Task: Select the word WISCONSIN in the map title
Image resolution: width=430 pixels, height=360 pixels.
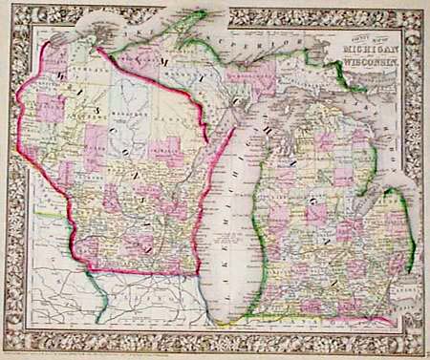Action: (367, 61)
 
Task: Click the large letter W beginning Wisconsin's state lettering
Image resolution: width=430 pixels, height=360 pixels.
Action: (59, 72)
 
